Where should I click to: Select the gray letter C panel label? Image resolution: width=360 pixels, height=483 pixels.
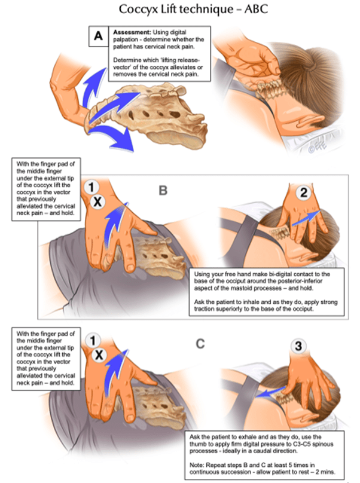click(200, 344)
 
